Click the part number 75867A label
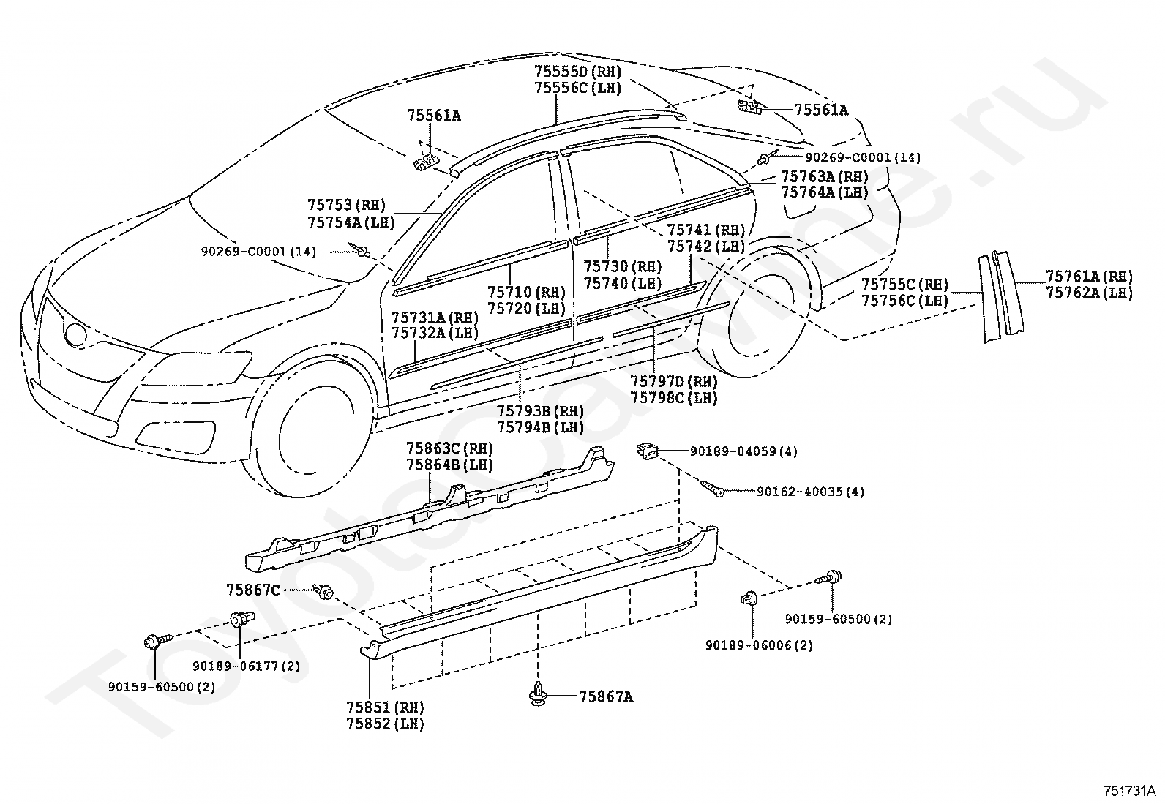coord(606,696)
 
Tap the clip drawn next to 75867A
coord(539,695)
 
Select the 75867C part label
coord(253,590)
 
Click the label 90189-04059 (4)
coord(743,451)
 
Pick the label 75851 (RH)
coord(386,707)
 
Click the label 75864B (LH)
coord(450,465)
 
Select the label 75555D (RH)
coord(578,71)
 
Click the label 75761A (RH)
coord(1090,276)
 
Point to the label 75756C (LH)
coord(905,301)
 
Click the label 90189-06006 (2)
coord(759,645)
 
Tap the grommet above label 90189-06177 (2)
coord(241,620)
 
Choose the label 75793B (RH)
coord(540,411)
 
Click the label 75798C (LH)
coord(674,398)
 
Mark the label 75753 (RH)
coord(346,205)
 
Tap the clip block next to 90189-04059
coord(648,451)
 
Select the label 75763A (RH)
coord(824,176)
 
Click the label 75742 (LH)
coord(706,246)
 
